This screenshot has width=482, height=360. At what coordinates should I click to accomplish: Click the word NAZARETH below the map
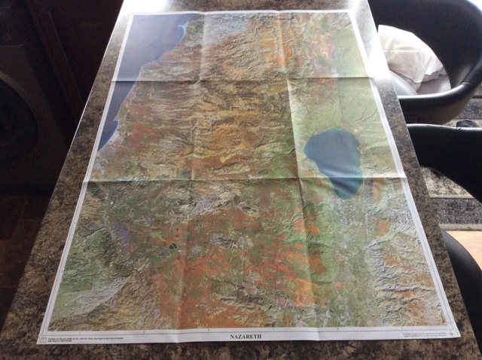[x=243, y=336]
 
